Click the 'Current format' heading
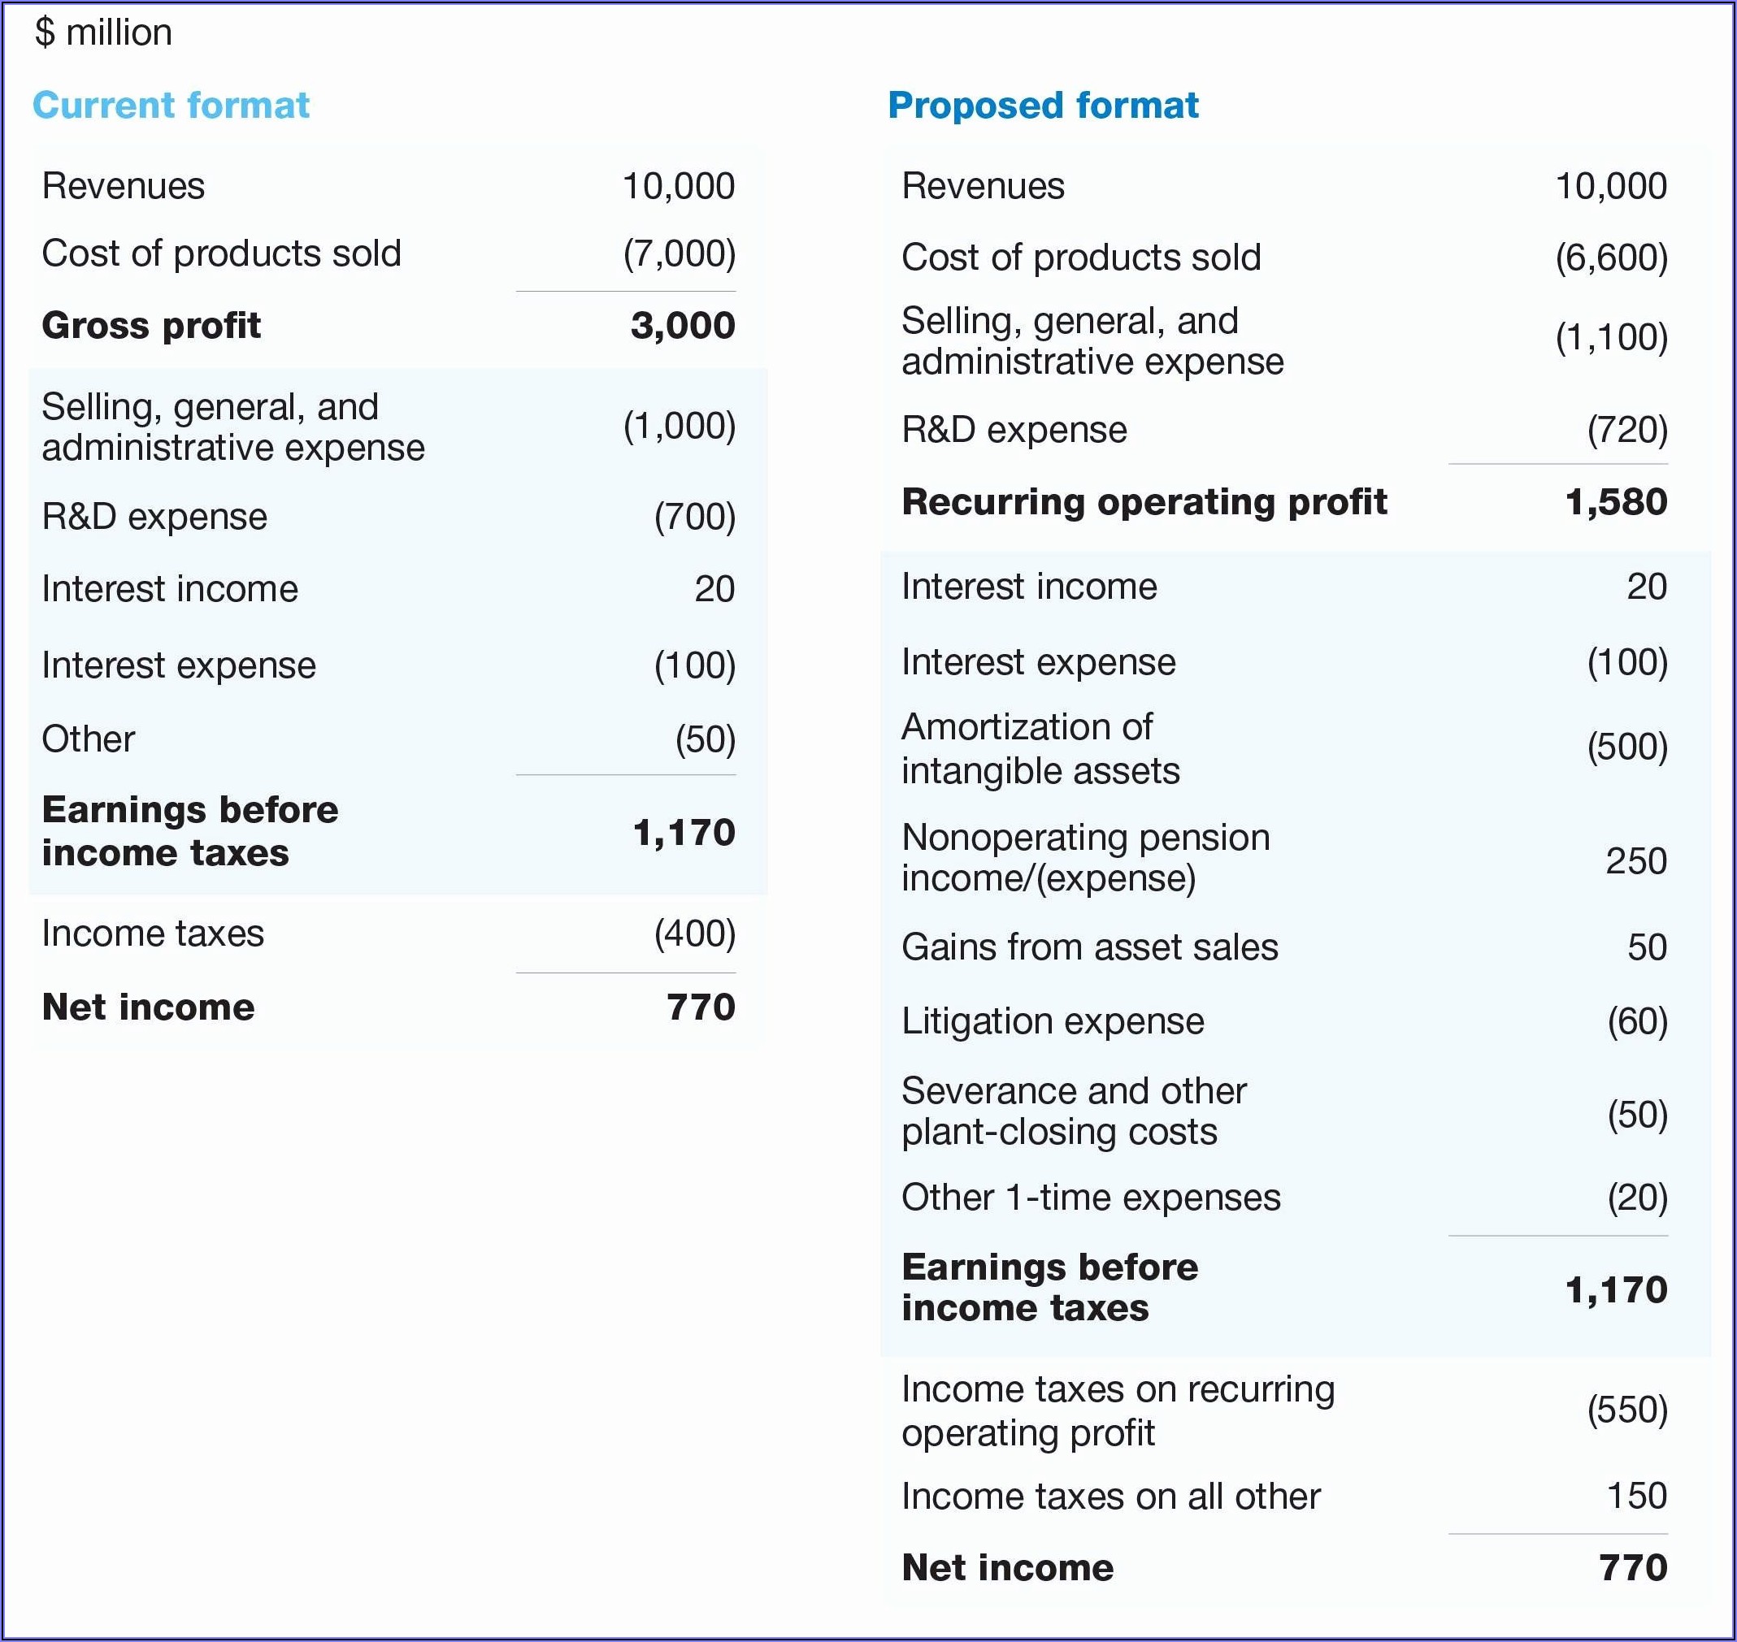(171, 105)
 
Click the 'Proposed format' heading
(1043, 105)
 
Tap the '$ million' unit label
(103, 32)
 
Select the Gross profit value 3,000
(682, 326)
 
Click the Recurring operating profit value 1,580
(1615, 502)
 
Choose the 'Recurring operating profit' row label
(1144, 502)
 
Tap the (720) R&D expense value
(1626, 430)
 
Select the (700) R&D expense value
(694, 517)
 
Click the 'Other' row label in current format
(89, 739)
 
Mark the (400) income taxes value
(694, 933)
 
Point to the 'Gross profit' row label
(150, 326)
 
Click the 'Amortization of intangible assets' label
(1040, 748)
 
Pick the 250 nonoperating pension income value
(1635, 860)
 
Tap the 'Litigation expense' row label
(1053, 1021)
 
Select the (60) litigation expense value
(1636, 1021)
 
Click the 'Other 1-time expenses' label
(1090, 1198)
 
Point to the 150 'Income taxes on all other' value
(1635, 1496)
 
